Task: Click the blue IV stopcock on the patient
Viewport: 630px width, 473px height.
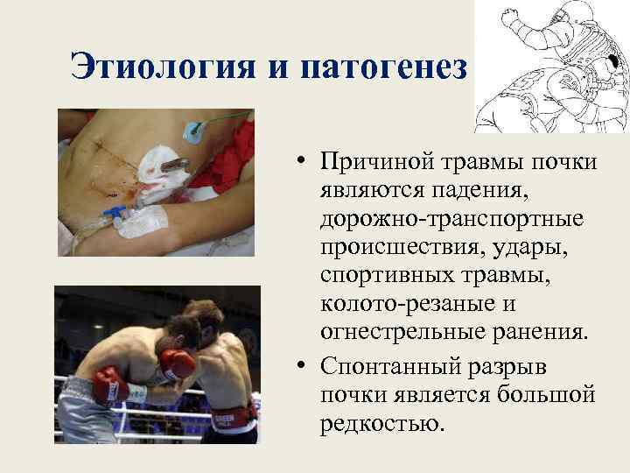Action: click(115, 212)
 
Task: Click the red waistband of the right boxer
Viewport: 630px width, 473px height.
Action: click(234, 413)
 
